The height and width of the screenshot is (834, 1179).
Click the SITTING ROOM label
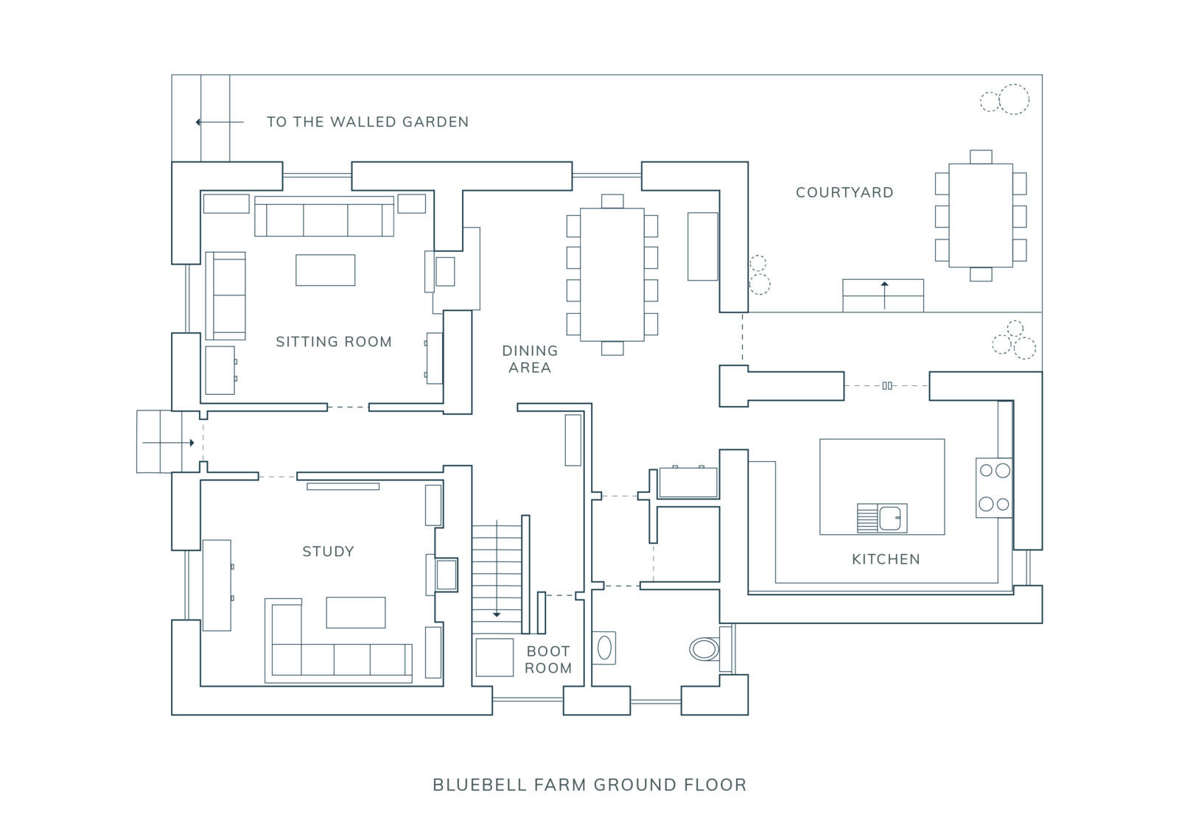coord(334,342)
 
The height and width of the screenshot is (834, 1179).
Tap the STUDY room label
coord(328,551)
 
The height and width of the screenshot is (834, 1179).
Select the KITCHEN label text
coord(886,559)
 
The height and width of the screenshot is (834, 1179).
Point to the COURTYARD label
coord(844,192)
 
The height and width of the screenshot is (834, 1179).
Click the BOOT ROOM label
coord(548,659)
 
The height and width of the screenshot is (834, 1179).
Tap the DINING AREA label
coord(530,359)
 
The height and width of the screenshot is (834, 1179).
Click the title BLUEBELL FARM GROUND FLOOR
coord(589,785)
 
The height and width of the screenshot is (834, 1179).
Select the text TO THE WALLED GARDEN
coord(368,122)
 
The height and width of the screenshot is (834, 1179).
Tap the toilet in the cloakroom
coord(705,649)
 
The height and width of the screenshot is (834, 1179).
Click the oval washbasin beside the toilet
coord(604,648)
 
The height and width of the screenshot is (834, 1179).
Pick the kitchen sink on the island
coord(882,518)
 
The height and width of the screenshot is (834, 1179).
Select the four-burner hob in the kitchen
coord(994,487)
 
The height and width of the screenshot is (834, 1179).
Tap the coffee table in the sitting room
coord(325,270)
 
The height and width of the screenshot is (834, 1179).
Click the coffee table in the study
coord(355,612)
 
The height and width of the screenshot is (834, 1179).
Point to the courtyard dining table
coord(980,215)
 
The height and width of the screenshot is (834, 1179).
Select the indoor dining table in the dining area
coord(612,275)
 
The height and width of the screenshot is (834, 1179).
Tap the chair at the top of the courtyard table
coord(981,156)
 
